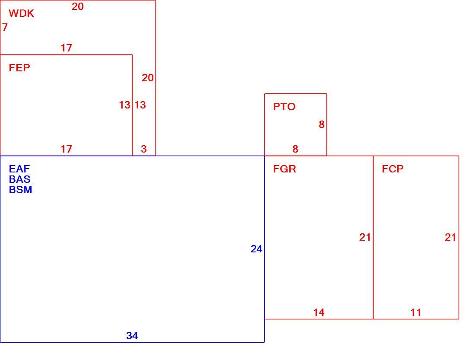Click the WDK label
click(x=21, y=13)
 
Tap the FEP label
click(x=19, y=67)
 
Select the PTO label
click(x=284, y=106)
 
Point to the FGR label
click(x=285, y=169)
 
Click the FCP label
click(x=393, y=169)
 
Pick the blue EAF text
click(x=19, y=169)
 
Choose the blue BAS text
click(x=20, y=179)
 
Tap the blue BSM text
click(x=21, y=190)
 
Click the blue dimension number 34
click(x=132, y=335)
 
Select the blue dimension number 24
click(x=256, y=248)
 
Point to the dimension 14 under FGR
click(x=319, y=312)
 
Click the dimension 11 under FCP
click(x=415, y=312)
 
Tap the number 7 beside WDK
click(x=5, y=27)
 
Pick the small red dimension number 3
click(x=144, y=149)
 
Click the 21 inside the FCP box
click(x=450, y=237)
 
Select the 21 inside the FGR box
click(x=365, y=237)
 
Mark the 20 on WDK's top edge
click(x=78, y=6)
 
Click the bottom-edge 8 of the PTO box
click(x=295, y=149)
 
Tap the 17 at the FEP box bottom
click(x=66, y=149)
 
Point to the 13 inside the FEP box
click(x=124, y=105)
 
